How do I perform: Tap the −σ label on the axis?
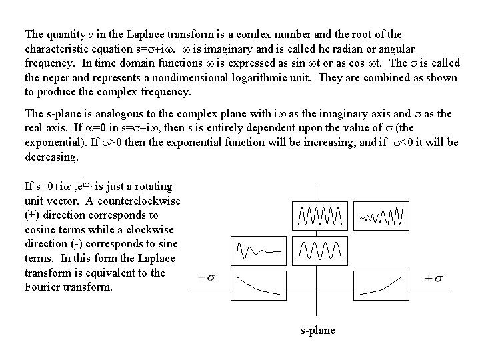click(x=206, y=277)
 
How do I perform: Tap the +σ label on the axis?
click(x=435, y=277)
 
